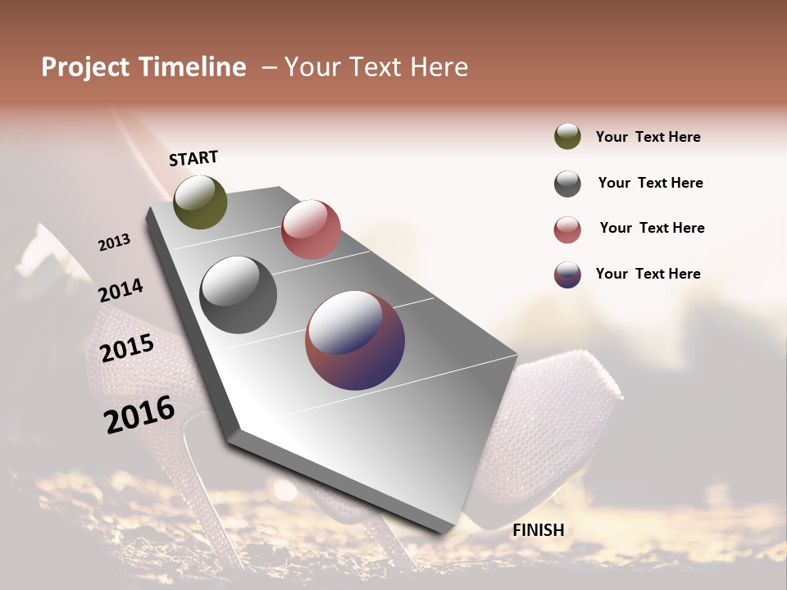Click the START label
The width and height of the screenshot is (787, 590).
(x=193, y=158)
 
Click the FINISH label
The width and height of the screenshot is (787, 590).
(x=538, y=530)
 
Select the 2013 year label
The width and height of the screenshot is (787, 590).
(x=114, y=242)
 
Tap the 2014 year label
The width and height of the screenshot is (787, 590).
(x=121, y=291)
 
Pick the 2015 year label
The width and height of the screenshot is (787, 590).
(x=127, y=348)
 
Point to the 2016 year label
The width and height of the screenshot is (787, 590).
(x=139, y=414)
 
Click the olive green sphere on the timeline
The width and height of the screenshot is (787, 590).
(x=200, y=202)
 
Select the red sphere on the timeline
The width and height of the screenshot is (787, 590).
(x=311, y=229)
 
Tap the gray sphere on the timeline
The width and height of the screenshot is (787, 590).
(x=239, y=295)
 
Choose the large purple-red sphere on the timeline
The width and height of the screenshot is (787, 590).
(x=355, y=340)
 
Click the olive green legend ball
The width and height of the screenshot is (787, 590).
(x=567, y=136)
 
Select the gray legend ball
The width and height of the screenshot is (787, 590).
(x=567, y=184)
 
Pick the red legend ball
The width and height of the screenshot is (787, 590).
(x=567, y=229)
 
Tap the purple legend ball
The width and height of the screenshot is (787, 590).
(x=567, y=275)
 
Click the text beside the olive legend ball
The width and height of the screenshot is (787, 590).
(x=648, y=137)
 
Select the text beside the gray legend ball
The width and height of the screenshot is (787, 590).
(x=650, y=183)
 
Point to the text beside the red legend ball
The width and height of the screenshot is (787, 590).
(x=652, y=228)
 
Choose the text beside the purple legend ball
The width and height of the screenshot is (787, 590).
(x=648, y=274)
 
